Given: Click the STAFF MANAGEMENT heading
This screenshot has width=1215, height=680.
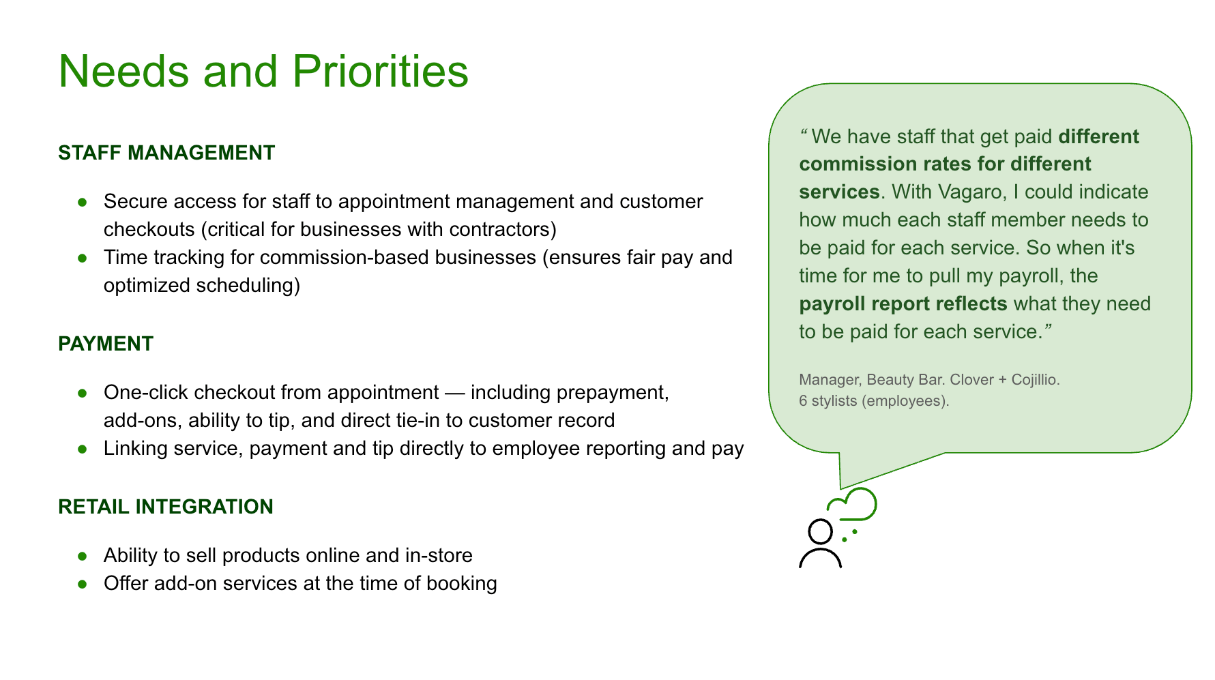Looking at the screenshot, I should point(166,153).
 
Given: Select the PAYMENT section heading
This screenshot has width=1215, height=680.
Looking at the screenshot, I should point(106,344).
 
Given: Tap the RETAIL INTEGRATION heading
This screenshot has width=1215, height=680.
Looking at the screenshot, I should point(166,507).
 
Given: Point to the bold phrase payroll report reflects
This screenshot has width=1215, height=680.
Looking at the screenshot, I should point(903,304).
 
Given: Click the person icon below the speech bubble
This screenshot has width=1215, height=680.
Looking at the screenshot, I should point(820,544).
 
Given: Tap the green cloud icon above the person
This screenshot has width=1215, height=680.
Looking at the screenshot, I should point(854,505).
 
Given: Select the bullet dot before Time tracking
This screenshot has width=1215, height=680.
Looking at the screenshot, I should point(83,258).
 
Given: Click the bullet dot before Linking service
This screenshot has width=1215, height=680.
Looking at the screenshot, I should point(83,449).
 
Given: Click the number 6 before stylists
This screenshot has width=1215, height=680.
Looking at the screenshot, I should point(803,401).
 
